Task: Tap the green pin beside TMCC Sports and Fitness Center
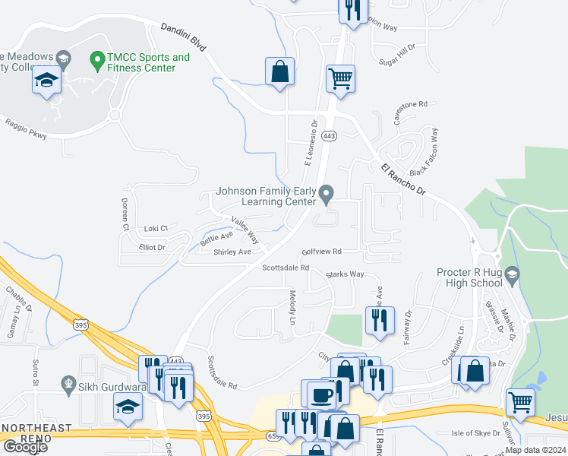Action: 96,58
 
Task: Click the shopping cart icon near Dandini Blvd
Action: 341,78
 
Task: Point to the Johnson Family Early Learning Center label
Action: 265,197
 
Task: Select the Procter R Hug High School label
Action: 469,277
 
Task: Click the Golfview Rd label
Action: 322,251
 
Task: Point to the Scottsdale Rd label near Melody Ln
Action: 286,268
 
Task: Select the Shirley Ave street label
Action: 232,252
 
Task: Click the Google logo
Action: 25,446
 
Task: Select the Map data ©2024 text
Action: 536,450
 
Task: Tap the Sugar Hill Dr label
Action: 398,50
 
